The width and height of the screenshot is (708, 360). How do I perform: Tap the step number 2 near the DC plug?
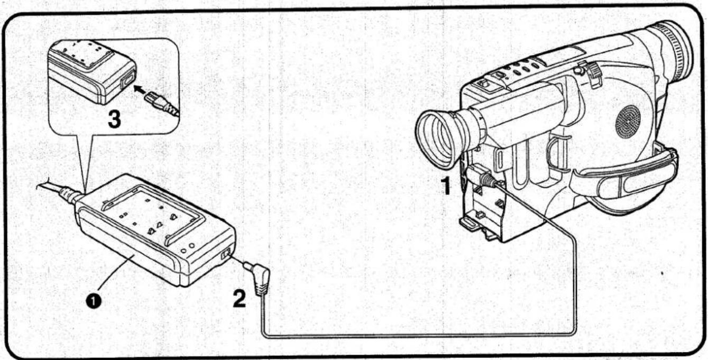(x=240, y=299)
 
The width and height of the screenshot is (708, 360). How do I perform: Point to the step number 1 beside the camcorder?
(x=446, y=186)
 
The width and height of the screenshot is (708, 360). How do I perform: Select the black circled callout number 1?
(x=94, y=301)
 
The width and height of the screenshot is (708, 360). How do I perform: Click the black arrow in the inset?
(x=142, y=90)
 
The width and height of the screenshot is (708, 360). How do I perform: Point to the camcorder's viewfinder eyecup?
(x=438, y=139)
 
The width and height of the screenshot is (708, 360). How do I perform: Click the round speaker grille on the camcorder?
(x=628, y=121)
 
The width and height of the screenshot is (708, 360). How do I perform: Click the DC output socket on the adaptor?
(x=226, y=254)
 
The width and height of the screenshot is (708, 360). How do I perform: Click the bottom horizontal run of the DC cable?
(x=418, y=336)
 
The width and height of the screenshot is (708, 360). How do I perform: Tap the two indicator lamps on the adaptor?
(x=187, y=248)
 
